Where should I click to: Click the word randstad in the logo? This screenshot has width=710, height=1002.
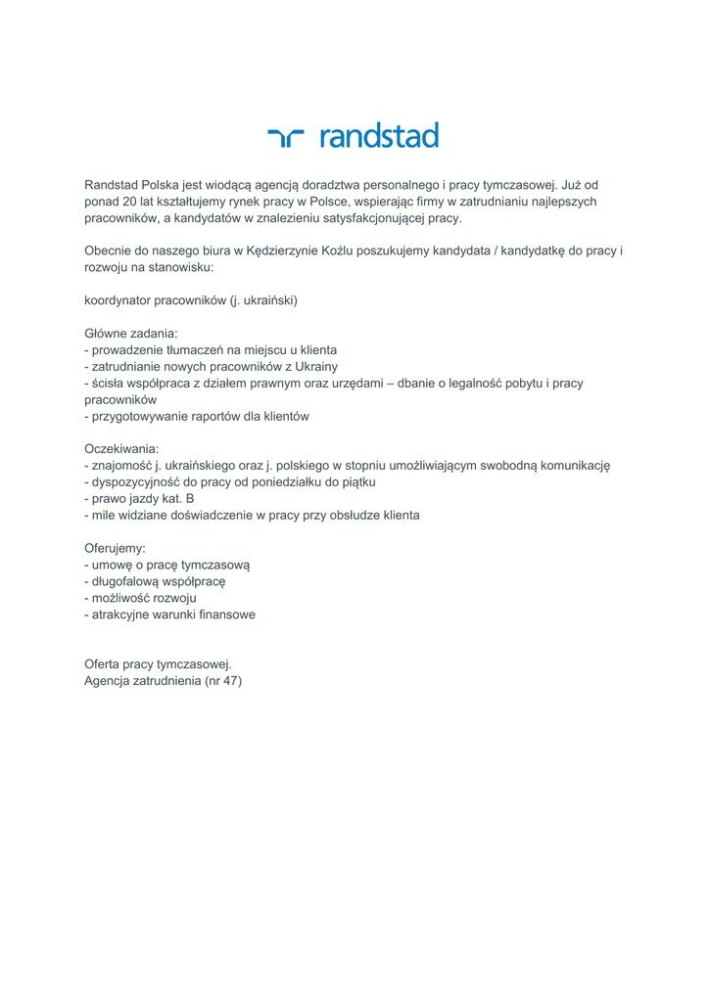[x=379, y=136]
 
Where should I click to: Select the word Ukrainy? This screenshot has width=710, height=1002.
[x=308, y=366]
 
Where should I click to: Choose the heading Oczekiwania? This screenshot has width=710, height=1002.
[x=121, y=449]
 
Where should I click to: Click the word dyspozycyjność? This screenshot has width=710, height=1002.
[x=138, y=482]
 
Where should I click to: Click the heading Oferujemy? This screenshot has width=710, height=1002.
[x=116, y=548]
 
